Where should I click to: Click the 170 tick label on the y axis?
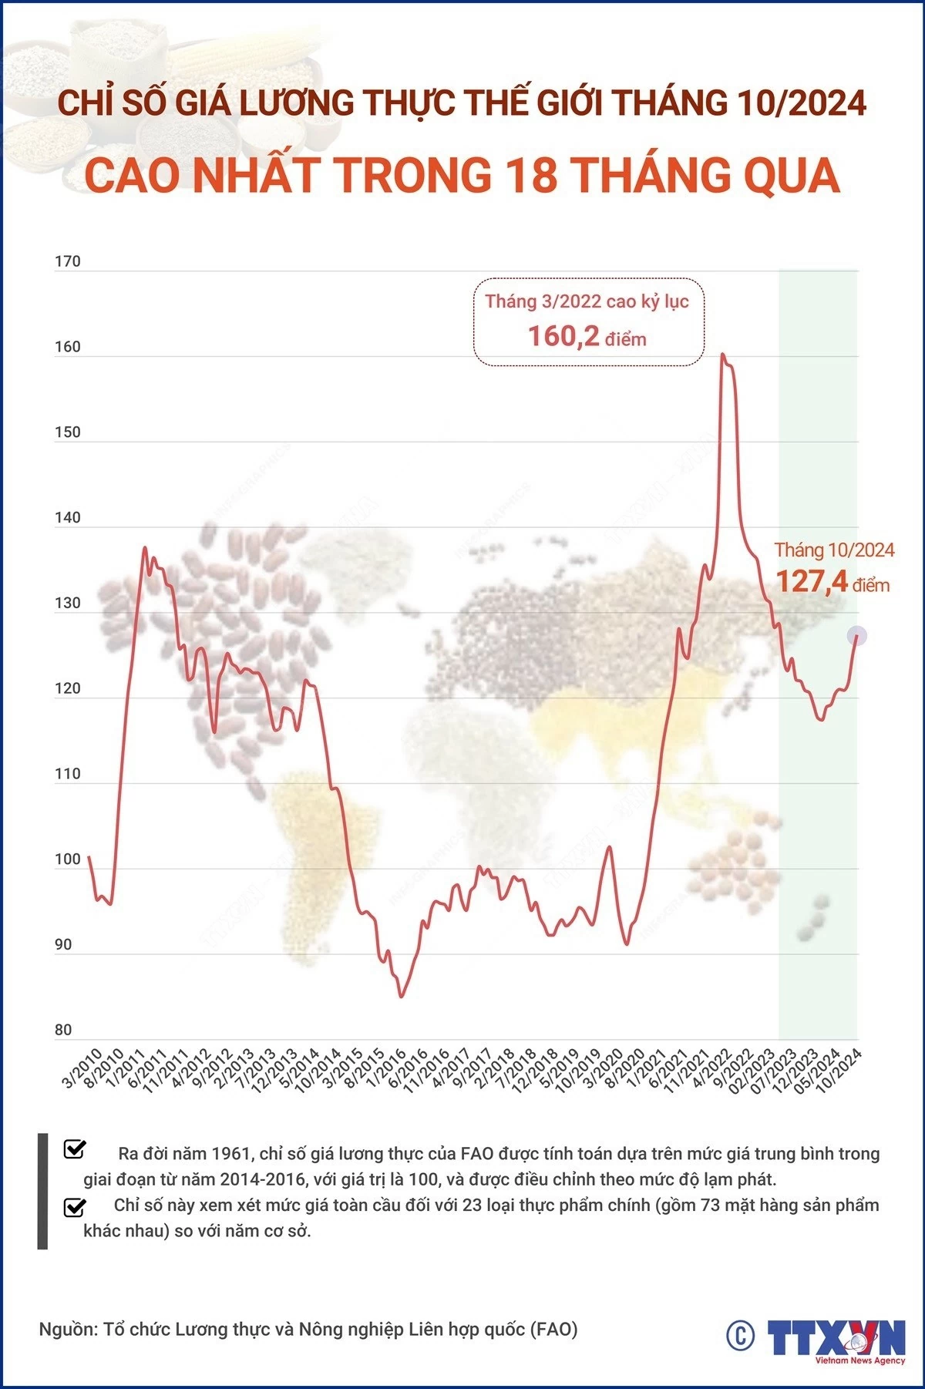pos(68,262)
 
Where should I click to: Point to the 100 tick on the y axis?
pos(68,859)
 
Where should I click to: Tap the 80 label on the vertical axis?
pos(63,1030)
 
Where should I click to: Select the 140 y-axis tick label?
pos(68,518)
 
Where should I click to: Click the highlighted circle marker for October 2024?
pos(857,636)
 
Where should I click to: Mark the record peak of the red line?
pos(722,355)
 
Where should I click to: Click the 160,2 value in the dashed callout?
pos(563,336)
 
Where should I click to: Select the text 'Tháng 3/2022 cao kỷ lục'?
pos(587,301)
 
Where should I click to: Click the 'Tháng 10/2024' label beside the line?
pos(834,550)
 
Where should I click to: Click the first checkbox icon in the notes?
pos(75,1149)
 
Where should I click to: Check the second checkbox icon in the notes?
pos(75,1206)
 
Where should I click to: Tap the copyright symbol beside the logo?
pos(740,1335)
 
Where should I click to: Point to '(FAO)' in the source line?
pos(554,1329)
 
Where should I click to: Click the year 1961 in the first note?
pos(232,1153)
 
